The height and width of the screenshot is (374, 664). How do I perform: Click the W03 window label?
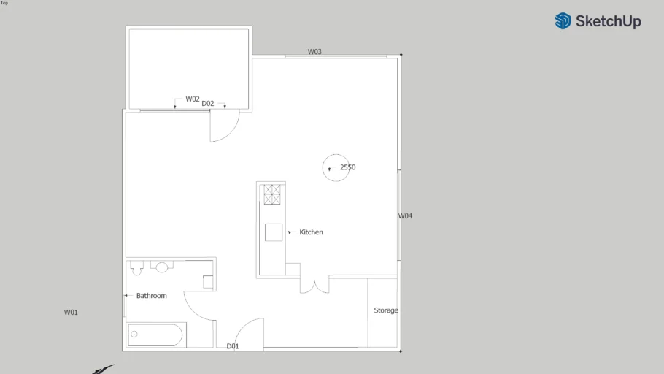314,52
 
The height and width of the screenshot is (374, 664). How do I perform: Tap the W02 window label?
192,99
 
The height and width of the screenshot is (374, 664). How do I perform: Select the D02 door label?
207,104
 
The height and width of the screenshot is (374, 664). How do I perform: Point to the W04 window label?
405,215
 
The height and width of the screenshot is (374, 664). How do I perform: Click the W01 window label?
71,313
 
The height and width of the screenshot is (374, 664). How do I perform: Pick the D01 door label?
233,346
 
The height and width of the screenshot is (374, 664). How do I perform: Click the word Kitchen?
312,232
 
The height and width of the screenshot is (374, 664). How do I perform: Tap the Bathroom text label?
152,296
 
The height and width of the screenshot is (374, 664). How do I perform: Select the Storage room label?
386,310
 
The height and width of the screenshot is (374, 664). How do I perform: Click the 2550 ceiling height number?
347,167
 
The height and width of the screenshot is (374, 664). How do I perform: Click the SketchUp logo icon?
563,20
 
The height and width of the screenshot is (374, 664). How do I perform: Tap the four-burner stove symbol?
272,194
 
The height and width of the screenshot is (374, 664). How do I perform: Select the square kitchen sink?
274,232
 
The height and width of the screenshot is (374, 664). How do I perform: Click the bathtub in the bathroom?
155,335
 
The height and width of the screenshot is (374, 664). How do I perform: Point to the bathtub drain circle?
134,334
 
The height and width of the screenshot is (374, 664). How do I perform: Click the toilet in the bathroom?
136,268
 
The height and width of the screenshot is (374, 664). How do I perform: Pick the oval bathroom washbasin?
162,267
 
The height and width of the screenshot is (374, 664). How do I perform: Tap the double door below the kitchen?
314,286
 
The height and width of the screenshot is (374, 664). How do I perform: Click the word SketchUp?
608,21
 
